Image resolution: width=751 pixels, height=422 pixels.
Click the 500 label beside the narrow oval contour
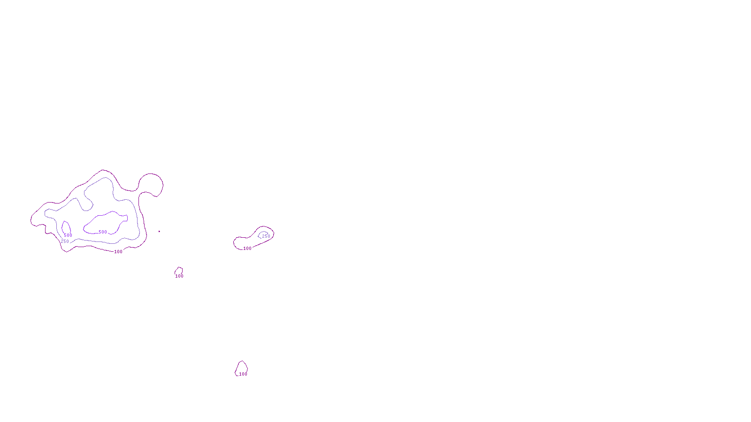68,235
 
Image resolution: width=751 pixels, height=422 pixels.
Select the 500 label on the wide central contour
103,232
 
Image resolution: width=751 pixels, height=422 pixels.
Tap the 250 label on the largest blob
65,241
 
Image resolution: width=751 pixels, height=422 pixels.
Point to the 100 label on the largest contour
118,252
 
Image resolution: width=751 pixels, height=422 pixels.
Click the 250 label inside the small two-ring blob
266,236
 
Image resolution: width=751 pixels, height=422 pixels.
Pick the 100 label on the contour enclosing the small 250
247,249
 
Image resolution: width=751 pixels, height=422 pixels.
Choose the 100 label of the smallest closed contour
179,276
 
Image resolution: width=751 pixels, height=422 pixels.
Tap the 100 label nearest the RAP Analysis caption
243,374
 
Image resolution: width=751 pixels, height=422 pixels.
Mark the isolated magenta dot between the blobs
159,231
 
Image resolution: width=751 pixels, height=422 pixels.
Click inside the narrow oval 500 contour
66,227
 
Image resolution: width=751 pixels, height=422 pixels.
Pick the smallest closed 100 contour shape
179,271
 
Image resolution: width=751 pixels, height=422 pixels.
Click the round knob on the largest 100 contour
151,184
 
